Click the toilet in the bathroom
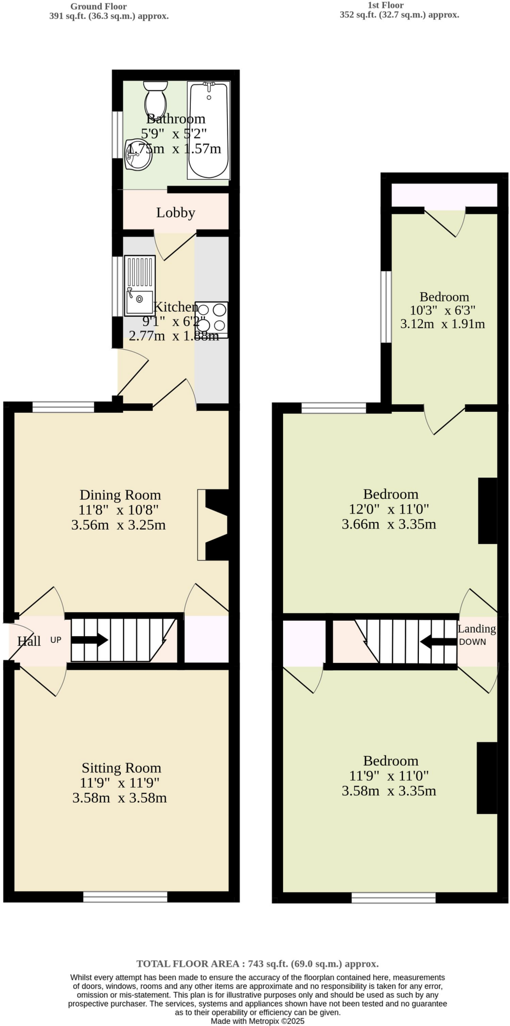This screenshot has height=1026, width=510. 155,99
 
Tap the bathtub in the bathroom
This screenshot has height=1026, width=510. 208,130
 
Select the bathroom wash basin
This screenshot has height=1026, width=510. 138,156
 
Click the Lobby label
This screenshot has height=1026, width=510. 175,213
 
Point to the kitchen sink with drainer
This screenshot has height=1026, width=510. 140,286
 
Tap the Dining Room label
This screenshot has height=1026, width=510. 120,495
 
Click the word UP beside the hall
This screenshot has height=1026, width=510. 56,640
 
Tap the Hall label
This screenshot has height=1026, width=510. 29,641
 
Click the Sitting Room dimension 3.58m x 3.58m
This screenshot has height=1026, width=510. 119,798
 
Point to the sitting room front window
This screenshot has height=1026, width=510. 125,897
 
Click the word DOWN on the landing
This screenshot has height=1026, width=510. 472,642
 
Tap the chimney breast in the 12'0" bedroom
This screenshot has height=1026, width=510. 487,510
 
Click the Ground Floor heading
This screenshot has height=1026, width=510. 98,7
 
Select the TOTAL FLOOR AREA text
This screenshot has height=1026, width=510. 258,963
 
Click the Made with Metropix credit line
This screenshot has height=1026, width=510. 258,1021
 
